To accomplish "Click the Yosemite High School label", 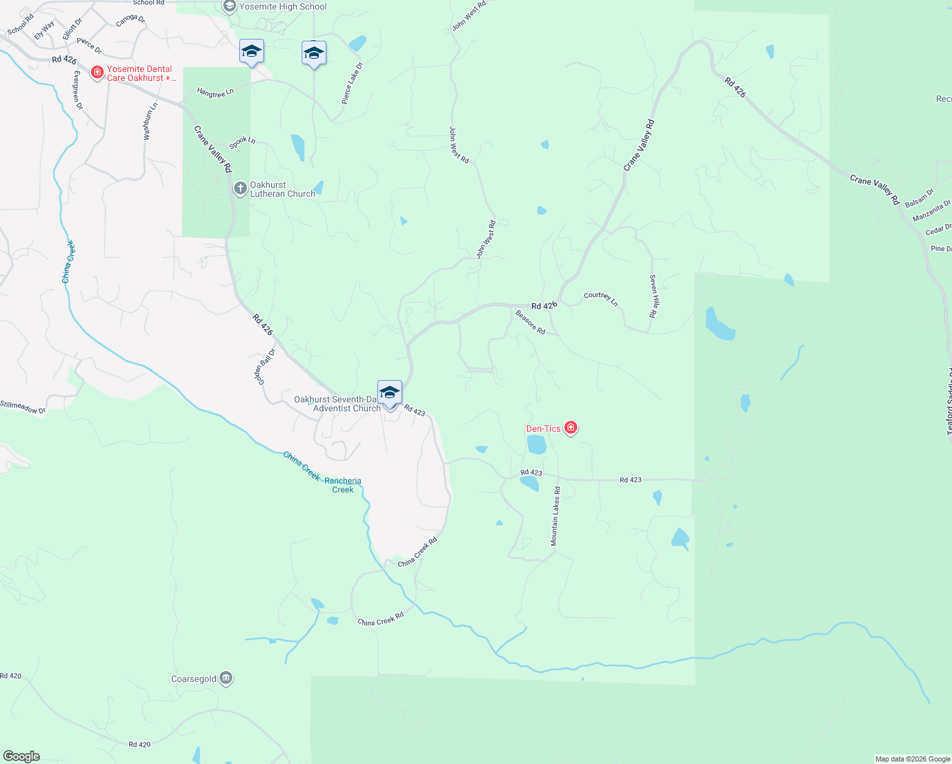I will pos(283,6).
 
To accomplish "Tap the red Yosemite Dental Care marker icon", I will pos(97,73).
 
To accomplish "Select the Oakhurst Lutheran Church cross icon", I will pos(240,188).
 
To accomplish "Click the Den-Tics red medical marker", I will pos(571,428).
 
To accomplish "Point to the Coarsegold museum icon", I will pos(226,679).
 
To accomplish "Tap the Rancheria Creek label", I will pos(343,485).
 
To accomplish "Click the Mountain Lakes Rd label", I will pos(556,516).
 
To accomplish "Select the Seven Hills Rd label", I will pos(653,296).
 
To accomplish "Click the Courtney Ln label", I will pos(601,297).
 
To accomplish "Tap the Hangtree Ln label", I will pos(215,93).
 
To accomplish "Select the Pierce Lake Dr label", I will pos(352,83).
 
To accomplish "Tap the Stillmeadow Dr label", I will pos(23,407).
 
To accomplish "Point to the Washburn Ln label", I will pos(150,122).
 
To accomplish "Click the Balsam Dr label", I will pos(919,197).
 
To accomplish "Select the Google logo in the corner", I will pos(21,756).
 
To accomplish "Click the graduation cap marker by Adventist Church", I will pos(389,393).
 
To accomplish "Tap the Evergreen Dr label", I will pos(78,90).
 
